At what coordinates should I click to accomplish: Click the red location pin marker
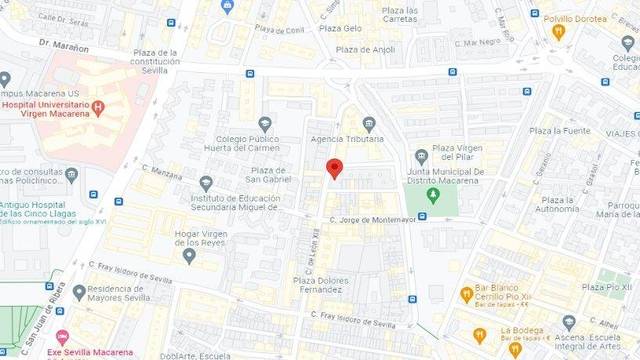point(335,169)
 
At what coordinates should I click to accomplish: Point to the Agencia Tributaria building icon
point(369,124)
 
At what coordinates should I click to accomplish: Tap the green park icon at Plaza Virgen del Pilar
point(433,193)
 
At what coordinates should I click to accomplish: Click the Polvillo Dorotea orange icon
point(559,31)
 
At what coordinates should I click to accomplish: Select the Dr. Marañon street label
point(64,45)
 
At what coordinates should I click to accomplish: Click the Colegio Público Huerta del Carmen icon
point(265,123)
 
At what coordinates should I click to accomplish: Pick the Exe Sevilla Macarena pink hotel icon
point(63,337)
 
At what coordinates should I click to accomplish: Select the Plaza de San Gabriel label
point(269,175)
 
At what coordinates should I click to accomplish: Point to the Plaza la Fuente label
point(560,130)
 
